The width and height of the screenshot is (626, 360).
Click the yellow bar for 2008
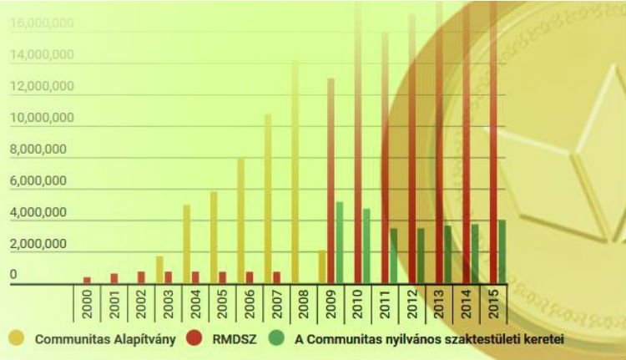click(295, 171)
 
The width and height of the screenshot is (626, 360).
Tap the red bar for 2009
click(331, 180)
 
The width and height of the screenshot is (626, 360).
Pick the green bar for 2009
click(340, 242)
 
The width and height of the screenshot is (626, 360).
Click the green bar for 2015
click(502, 251)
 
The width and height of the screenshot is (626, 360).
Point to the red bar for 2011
click(385, 159)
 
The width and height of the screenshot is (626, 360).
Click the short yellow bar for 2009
click(322, 266)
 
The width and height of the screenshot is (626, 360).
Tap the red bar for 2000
click(87, 280)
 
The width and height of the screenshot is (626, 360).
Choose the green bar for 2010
click(366, 246)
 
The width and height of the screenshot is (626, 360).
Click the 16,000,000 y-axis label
click(42, 23)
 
